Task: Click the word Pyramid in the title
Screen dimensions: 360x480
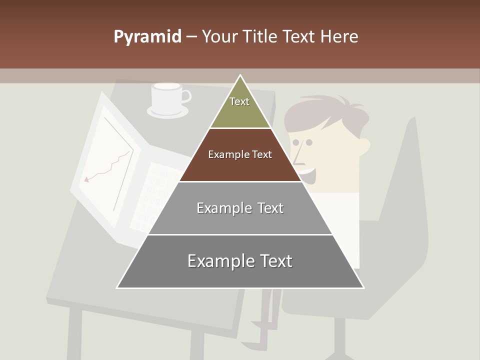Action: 147,37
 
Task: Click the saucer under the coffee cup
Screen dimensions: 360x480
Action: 167,112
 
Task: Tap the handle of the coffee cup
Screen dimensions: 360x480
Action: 186,95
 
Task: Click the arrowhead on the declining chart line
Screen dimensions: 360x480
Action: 87,179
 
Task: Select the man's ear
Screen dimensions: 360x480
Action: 364,145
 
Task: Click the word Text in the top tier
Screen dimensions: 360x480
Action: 239,101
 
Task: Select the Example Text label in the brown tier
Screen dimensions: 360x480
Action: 240,154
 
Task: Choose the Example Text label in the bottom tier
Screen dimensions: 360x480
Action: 240,261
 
